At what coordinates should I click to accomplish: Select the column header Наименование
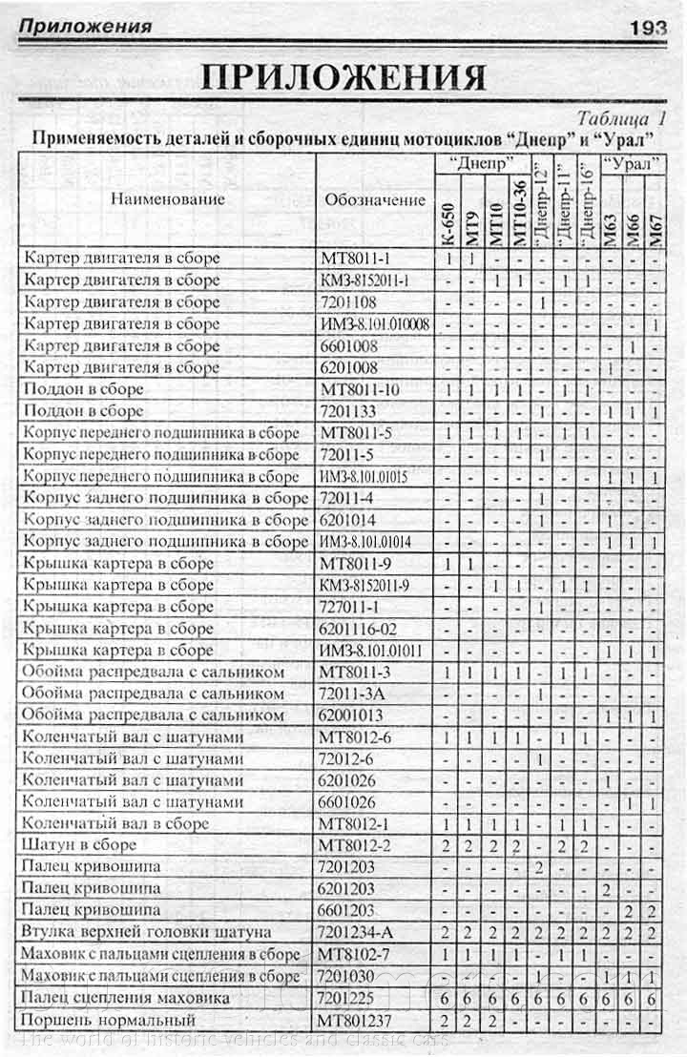coord(167,198)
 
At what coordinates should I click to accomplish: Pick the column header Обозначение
coord(375,199)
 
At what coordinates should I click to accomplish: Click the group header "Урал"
coord(633,162)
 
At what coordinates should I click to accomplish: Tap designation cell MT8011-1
coord(354,259)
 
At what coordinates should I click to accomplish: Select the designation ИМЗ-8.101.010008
coord(375,323)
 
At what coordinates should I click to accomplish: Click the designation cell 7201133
coord(352,411)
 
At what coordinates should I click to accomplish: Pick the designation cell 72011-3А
coord(355,694)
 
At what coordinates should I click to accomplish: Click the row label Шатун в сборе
coord(81,845)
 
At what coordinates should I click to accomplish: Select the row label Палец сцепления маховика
coord(126,998)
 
